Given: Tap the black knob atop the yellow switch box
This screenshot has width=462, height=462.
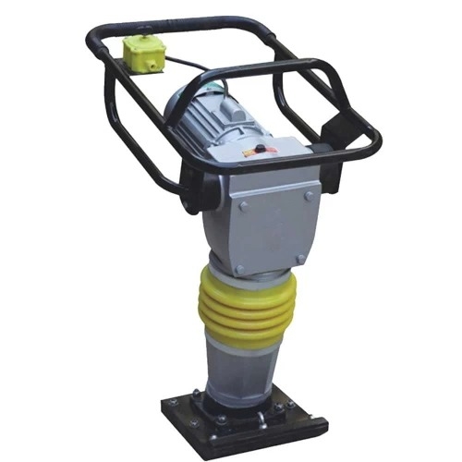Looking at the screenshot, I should click(x=143, y=41).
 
